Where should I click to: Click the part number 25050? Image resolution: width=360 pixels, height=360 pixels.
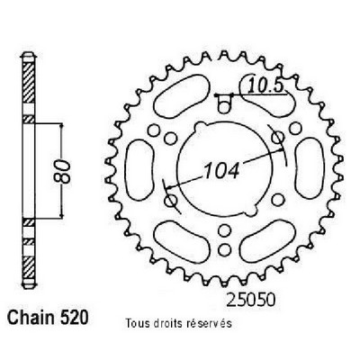point(250,301)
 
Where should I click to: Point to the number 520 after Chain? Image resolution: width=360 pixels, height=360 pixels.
point(75,318)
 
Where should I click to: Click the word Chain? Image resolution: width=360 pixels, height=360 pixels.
point(31,318)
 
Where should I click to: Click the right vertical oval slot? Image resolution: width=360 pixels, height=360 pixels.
point(310,169)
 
